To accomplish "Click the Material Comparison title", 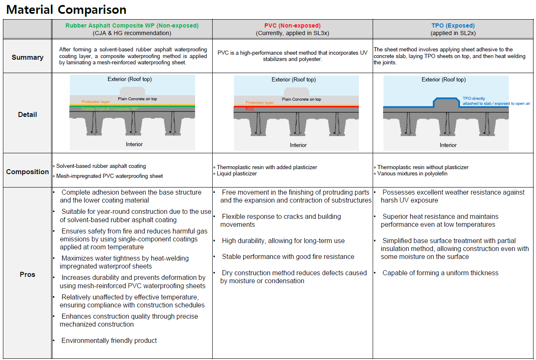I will point(66,10).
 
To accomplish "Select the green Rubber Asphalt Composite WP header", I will point(132,25).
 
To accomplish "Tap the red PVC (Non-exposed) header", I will point(292,25).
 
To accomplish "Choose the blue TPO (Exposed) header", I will point(453,25).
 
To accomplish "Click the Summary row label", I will point(28,57).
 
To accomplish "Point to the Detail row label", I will point(28,114).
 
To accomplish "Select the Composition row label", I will point(28,172).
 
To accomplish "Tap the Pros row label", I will point(28,274).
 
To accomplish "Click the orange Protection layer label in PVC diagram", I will point(259,103).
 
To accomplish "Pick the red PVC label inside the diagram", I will point(250,109).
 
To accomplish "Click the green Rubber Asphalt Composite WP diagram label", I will point(109,109).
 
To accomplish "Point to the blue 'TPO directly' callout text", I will point(474,99).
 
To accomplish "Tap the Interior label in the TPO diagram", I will point(448,145).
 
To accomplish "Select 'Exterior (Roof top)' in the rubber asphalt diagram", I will point(130,79).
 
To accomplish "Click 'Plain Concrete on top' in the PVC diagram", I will point(301,99).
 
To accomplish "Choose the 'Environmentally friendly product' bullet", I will point(109,341).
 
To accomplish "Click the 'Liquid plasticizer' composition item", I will point(236,173).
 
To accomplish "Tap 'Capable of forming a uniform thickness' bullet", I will point(440,273).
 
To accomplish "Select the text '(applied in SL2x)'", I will point(453,33).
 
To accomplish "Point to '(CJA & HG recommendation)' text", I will point(132,33).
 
